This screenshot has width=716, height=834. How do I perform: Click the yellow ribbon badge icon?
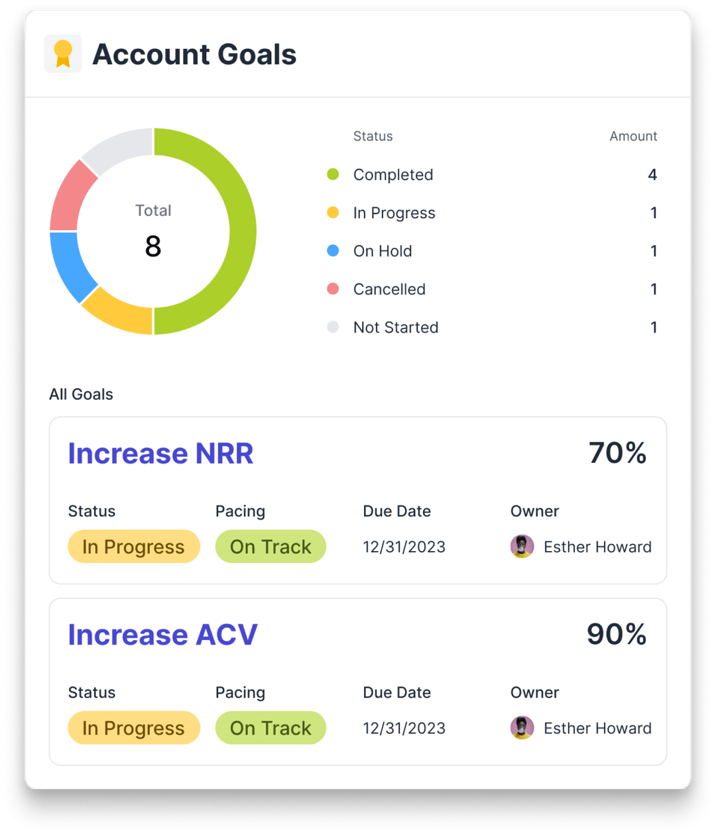click(x=63, y=54)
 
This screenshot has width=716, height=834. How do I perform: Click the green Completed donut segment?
click(x=243, y=231)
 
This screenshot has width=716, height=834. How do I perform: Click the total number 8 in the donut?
click(x=153, y=246)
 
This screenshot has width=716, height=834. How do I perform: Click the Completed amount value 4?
click(x=652, y=175)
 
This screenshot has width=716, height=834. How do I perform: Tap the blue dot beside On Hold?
click(x=333, y=251)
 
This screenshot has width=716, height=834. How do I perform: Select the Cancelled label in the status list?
click(x=389, y=289)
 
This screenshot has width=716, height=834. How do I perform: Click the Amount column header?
click(x=633, y=136)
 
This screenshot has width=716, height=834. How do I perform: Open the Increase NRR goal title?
click(x=160, y=454)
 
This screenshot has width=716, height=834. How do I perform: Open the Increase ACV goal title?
click(x=162, y=635)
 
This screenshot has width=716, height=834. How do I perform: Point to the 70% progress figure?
click(x=617, y=454)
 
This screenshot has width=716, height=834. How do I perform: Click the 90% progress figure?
click(x=617, y=635)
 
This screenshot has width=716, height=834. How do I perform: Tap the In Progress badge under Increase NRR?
click(x=133, y=547)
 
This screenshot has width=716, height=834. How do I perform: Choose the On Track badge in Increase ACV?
click(x=270, y=728)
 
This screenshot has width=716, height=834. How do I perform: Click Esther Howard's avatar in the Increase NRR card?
click(x=522, y=547)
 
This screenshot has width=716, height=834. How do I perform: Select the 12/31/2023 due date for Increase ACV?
click(x=404, y=728)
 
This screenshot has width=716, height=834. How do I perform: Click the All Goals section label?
click(x=81, y=394)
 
